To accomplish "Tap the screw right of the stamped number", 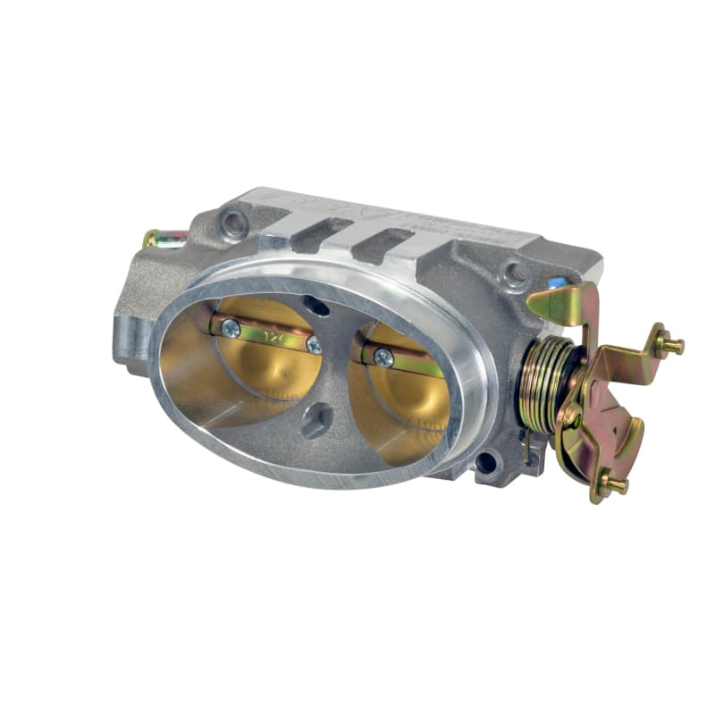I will pyautogui.click(x=314, y=344).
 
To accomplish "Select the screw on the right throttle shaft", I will pyautogui.click(x=383, y=357).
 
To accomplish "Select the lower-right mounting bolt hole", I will pyautogui.click(x=485, y=462).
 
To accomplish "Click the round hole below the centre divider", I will pyautogui.click(x=315, y=423).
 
